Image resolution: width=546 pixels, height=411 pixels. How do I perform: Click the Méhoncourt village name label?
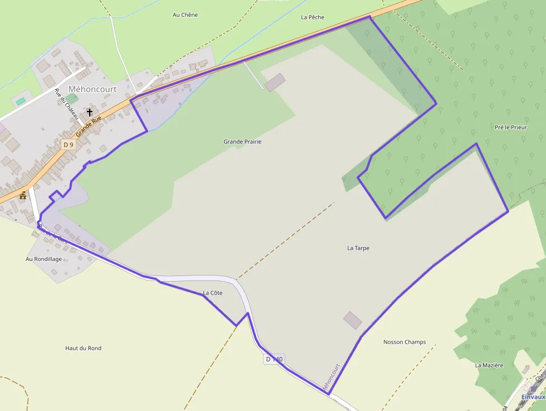[x=92, y=89]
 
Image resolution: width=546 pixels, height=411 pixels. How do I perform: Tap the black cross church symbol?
[x=90, y=112]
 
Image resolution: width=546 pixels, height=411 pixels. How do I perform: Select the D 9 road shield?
[x=68, y=144]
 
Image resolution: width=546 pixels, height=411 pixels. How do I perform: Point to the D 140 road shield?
[x=274, y=359]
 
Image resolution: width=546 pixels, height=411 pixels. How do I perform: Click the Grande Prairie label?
[x=242, y=142]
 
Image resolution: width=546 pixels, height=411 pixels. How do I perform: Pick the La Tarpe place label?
[x=358, y=248]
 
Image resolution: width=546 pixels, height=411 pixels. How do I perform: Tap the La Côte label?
[x=213, y=293]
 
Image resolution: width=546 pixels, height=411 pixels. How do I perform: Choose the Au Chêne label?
[x=185, y=14]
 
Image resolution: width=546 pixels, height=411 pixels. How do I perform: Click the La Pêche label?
[x=313, y=17]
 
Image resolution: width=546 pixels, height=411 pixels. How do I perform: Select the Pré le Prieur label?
[x=510, y=127]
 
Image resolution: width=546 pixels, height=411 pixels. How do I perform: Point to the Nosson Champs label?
[x=404, y=342]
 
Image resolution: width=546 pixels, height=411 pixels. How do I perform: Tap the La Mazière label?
[x=489, y=365]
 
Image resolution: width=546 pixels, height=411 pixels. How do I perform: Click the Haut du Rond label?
[x=83, y=348]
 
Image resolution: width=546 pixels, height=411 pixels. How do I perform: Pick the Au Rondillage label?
[x=44, y=259]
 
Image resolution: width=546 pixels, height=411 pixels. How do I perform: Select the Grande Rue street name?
[x=89, y=126]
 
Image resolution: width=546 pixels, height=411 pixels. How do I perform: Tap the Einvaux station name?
[x=533, y=397]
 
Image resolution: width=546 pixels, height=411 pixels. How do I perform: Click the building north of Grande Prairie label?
[x=274, y=82]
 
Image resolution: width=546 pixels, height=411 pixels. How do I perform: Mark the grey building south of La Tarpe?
[x=352, y=320]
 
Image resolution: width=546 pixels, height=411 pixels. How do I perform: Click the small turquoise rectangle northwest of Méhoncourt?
[x=21, y=101]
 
